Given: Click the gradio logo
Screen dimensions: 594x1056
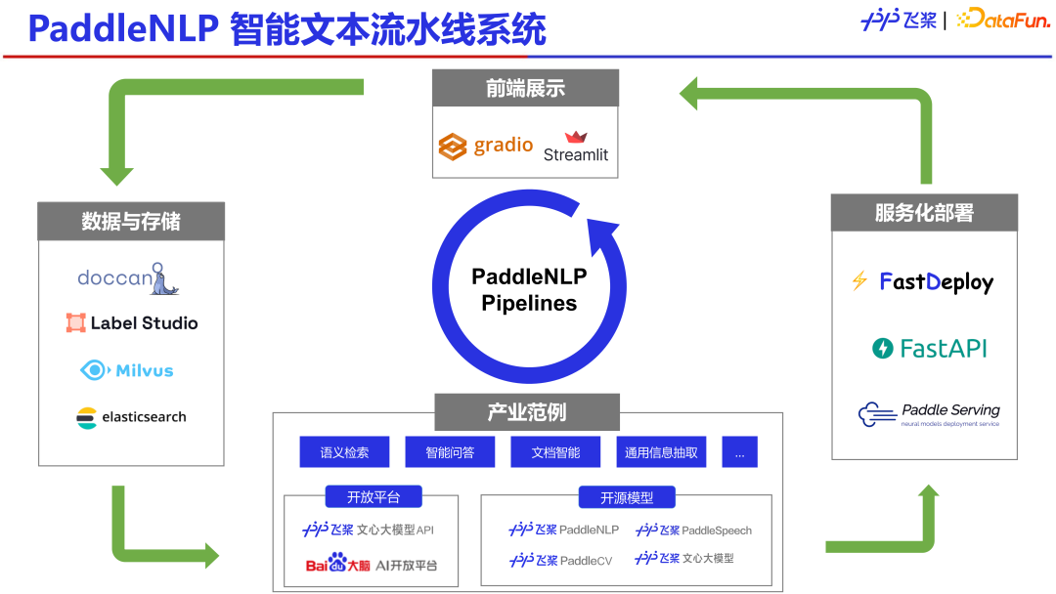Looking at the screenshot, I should (x=485, y=147).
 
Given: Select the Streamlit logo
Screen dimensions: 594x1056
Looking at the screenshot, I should (x=575, y=147).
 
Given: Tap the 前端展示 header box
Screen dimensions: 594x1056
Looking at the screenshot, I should (x=525, y=88).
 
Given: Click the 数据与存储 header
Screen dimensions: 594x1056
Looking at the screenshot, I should (x=131, y=221).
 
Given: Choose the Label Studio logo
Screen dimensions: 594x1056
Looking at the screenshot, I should (x=132, y=323).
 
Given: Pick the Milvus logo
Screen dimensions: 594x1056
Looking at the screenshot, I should (x=126, y=370).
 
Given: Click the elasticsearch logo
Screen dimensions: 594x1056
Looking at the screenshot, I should (x=131, y=417).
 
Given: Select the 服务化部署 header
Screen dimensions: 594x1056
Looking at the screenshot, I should (x=924, y=213).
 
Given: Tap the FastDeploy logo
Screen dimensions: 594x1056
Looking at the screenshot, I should (x=923, y=282).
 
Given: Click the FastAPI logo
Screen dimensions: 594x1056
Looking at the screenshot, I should (x=929, y=349).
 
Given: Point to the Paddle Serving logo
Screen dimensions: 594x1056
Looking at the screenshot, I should (x=929, y=414).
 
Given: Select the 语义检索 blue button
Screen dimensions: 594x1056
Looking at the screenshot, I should (x=344, y=452).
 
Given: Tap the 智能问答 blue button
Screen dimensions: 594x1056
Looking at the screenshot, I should (x=450, y=452).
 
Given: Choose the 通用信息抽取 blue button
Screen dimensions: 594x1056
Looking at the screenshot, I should (x=661, y=452).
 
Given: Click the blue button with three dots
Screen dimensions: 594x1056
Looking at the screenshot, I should (x=739, y=452).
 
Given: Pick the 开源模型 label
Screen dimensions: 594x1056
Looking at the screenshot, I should (x=627, y=497).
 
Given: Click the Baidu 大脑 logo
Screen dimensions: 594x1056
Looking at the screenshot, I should (x=338, y=564).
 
